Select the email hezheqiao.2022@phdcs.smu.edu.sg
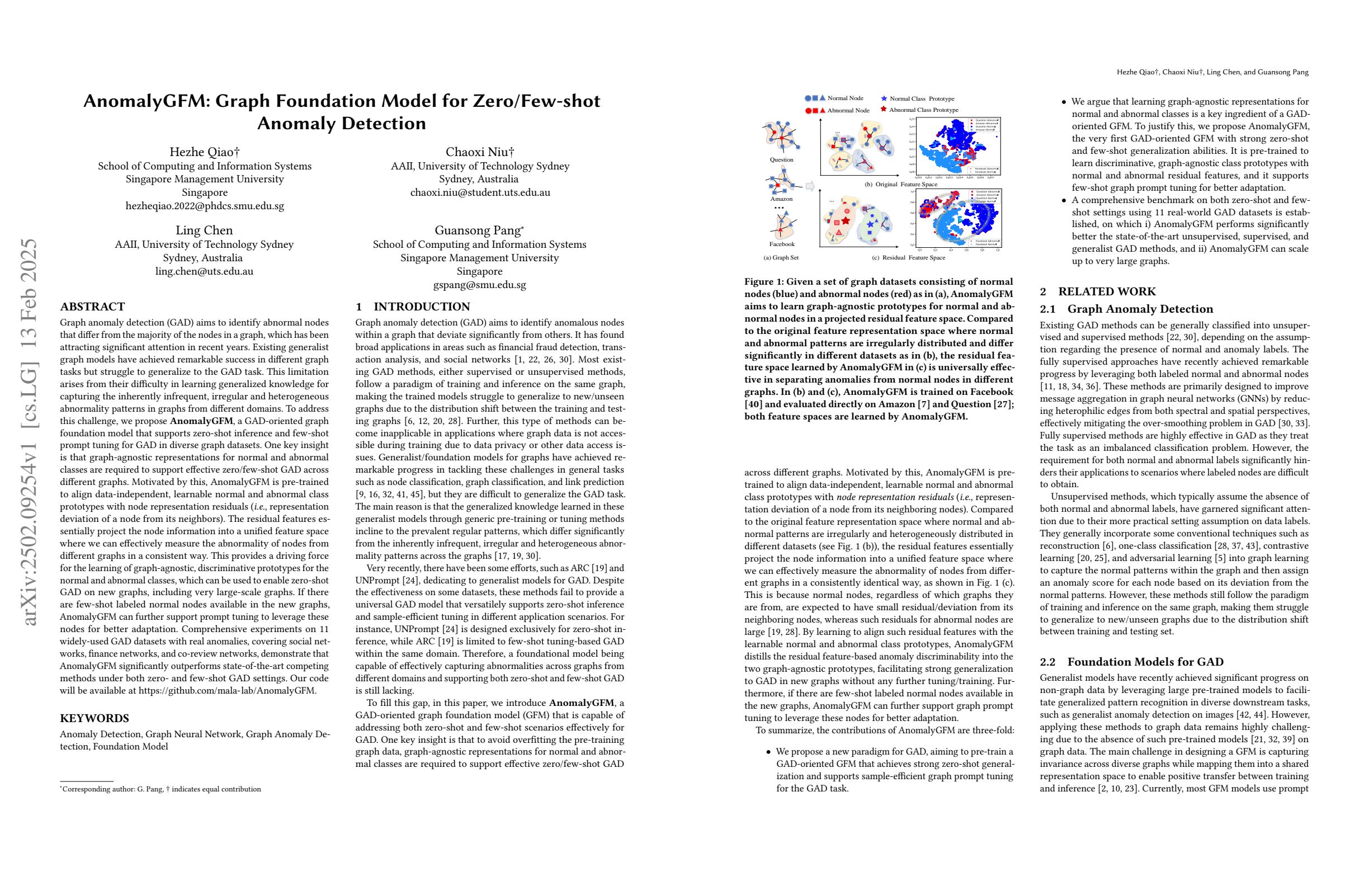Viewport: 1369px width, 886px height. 204,205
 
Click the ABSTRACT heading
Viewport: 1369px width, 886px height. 93,307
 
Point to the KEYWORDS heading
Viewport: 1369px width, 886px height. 95,718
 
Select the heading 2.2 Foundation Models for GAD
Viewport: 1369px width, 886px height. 1131,662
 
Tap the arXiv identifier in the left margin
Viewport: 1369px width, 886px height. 30,431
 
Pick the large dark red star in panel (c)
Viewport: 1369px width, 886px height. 846,221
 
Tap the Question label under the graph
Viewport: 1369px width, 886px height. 781,159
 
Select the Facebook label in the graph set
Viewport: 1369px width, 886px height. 782,244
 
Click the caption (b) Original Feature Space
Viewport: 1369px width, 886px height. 901,184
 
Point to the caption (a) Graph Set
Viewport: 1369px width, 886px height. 781,258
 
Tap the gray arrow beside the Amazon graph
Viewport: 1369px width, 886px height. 810,186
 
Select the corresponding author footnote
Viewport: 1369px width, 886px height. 161,789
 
